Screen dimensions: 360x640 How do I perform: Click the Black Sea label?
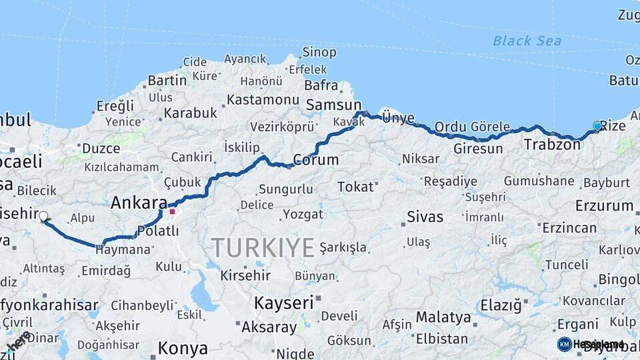click(527, 41)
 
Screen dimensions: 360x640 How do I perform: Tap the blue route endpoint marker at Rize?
click(597, 125)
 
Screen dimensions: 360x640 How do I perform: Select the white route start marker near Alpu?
click(43, 216)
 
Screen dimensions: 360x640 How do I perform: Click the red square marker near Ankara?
click(172, 212)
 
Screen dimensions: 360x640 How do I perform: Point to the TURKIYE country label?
click(263, 248)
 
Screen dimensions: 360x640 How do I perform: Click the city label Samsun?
click(333, 105)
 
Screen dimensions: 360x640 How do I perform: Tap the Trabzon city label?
click(551, 144)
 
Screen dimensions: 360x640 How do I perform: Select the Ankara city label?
click(139, 203)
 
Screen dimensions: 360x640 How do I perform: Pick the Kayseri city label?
click(283, 303)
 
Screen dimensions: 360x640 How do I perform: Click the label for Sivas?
click(425, 217)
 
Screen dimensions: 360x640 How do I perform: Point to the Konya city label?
click(183, 348)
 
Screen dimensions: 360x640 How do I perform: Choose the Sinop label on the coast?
click(319, 52)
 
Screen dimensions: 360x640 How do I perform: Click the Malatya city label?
click(443, 317)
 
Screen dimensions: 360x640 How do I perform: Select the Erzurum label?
click(604, 205)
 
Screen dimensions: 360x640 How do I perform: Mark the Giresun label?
click(478, 149)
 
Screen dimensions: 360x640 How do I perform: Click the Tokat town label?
click(355, 187)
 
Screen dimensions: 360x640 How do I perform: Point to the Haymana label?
click(123, 250)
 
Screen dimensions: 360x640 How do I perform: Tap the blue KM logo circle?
click(564, 344)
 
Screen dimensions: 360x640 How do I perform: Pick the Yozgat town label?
click(303, 215)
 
